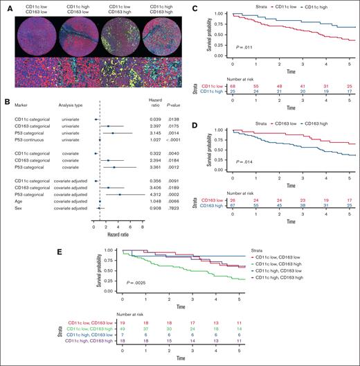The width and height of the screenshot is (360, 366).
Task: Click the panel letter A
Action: (6, 7)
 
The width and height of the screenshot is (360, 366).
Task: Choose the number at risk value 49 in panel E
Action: (122, 331)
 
